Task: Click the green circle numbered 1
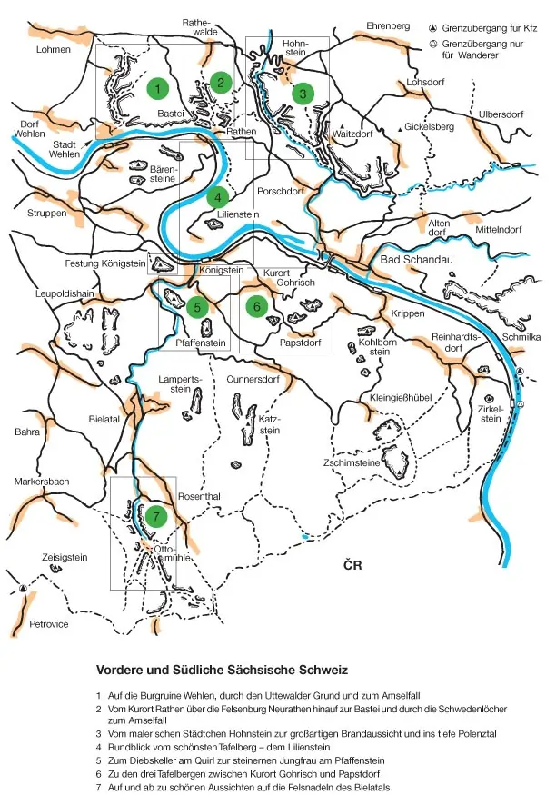click(158, 89)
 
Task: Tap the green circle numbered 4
click(217, 196)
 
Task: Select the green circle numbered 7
click(156, 515)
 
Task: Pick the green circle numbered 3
click(302, 92)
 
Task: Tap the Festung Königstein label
click(105, 263)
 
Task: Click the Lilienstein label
click(239, 215)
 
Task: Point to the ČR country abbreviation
click(353, 566)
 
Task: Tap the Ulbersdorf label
click(503, 114)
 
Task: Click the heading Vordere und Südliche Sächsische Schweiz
click(223, 670)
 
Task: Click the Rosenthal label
click(200, 496)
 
